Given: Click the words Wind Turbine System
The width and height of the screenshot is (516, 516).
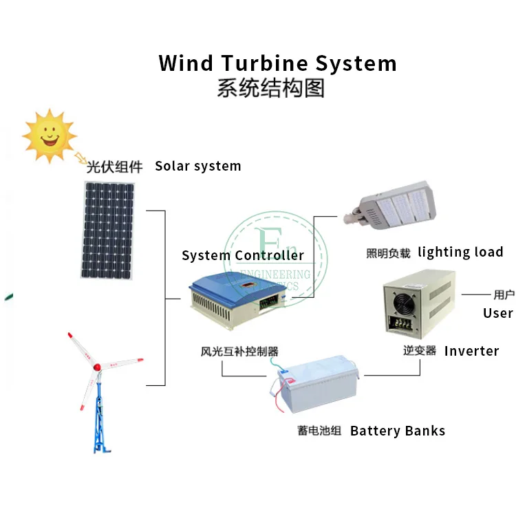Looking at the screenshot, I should point(277,63).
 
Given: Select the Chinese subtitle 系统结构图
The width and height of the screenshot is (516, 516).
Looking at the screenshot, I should point(270,89).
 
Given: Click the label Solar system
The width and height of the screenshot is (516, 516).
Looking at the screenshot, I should point(198,166).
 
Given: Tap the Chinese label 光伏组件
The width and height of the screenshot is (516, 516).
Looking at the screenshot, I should point(114,166).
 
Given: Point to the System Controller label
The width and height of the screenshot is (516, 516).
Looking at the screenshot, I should point(243,256).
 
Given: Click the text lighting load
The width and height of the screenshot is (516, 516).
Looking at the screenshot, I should point(460,252).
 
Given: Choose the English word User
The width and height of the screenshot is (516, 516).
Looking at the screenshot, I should point(497,313).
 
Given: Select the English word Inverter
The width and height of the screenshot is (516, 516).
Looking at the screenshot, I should point(471,351).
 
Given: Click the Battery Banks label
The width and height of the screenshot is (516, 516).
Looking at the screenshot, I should point(398,431).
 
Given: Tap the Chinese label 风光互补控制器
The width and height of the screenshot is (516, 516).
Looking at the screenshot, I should point(239,351).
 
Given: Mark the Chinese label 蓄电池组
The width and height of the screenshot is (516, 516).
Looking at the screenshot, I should point(319,431).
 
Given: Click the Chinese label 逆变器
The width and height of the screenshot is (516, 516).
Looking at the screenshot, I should point(420,350).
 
